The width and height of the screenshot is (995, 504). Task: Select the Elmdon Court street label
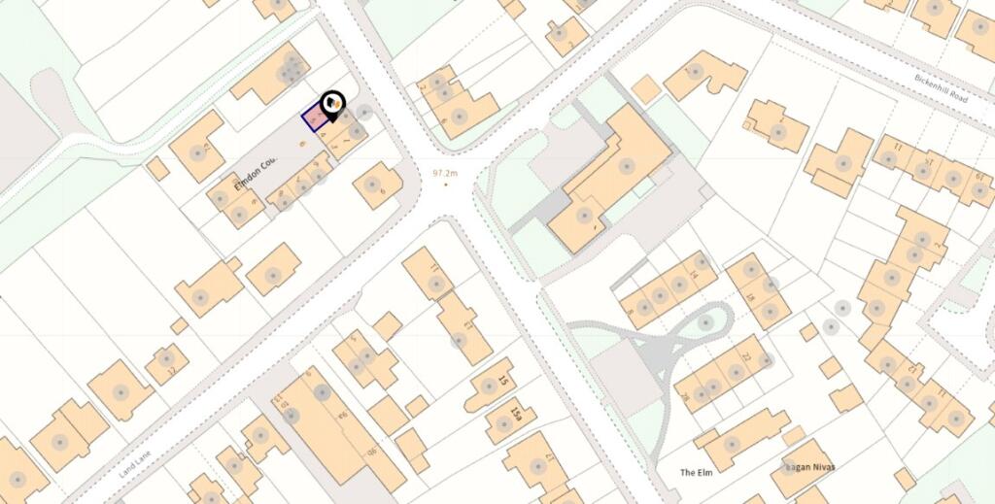[257, 173]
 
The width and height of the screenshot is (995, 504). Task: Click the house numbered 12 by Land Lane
[167, 366]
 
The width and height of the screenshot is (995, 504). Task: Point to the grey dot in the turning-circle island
[706, 321]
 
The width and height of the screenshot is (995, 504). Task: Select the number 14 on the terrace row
[694, 277]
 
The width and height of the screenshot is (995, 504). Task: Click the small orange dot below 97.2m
[446, 184]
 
